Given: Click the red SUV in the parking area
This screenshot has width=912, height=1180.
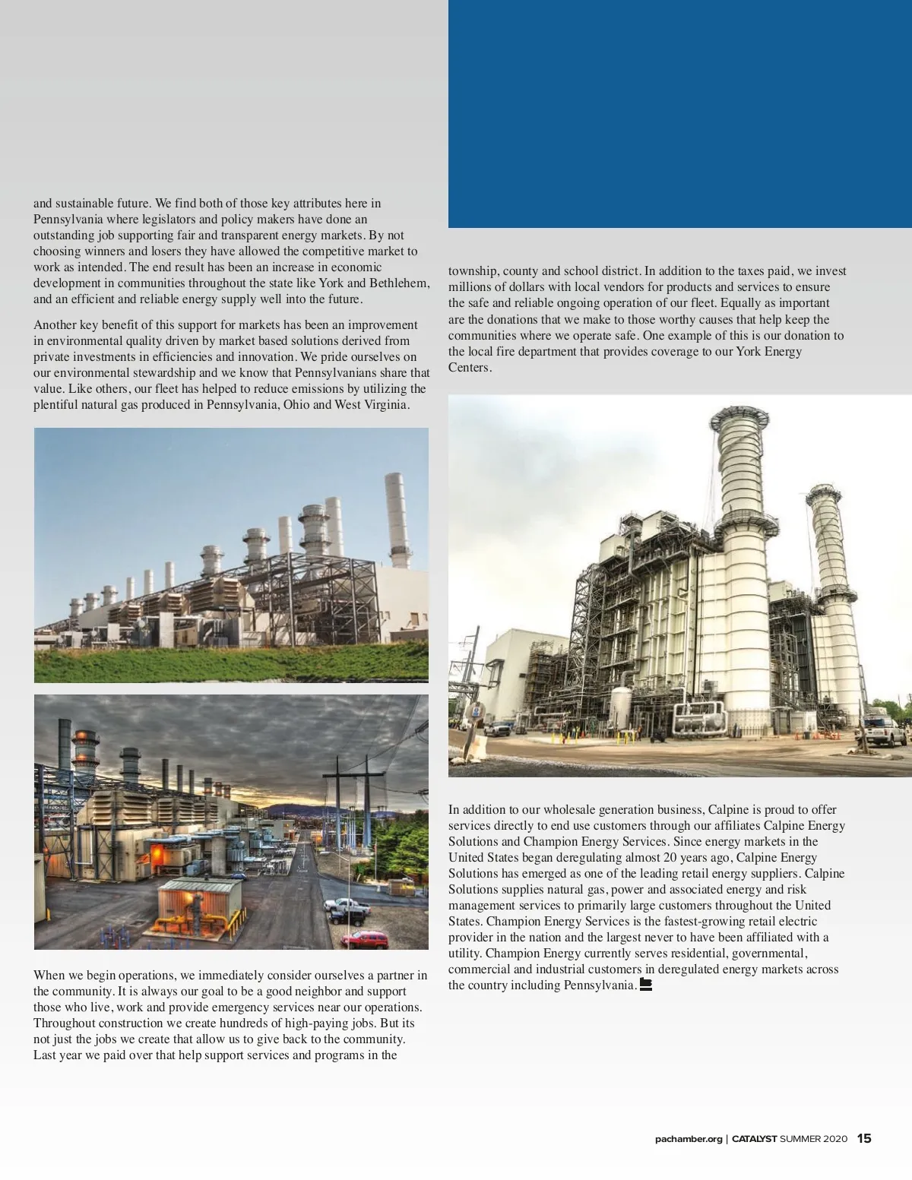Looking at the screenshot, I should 364,939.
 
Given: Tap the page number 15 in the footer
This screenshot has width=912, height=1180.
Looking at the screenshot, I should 864,1138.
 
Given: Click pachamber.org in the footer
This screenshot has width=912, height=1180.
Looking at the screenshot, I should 689,1139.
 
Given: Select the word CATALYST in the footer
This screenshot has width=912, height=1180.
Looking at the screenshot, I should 754,1139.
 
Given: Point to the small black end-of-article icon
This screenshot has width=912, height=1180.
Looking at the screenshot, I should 646,985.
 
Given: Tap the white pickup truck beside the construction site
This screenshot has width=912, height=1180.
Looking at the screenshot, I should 884,730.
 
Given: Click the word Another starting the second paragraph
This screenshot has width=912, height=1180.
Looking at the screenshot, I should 55,324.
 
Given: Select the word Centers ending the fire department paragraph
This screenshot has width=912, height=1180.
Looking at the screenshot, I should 469,367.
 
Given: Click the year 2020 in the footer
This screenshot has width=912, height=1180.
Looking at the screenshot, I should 834,1139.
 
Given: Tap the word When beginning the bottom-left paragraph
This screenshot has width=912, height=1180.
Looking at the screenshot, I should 49,975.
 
